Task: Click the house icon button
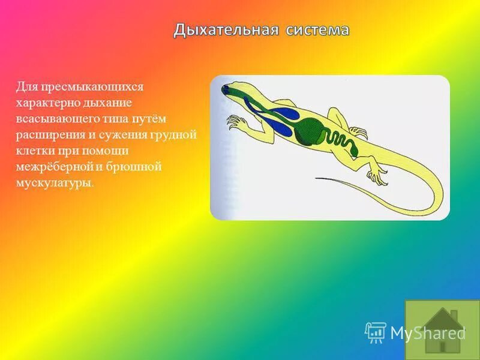(x=443, y=329)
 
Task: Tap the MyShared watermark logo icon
(x=375, y=332)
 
